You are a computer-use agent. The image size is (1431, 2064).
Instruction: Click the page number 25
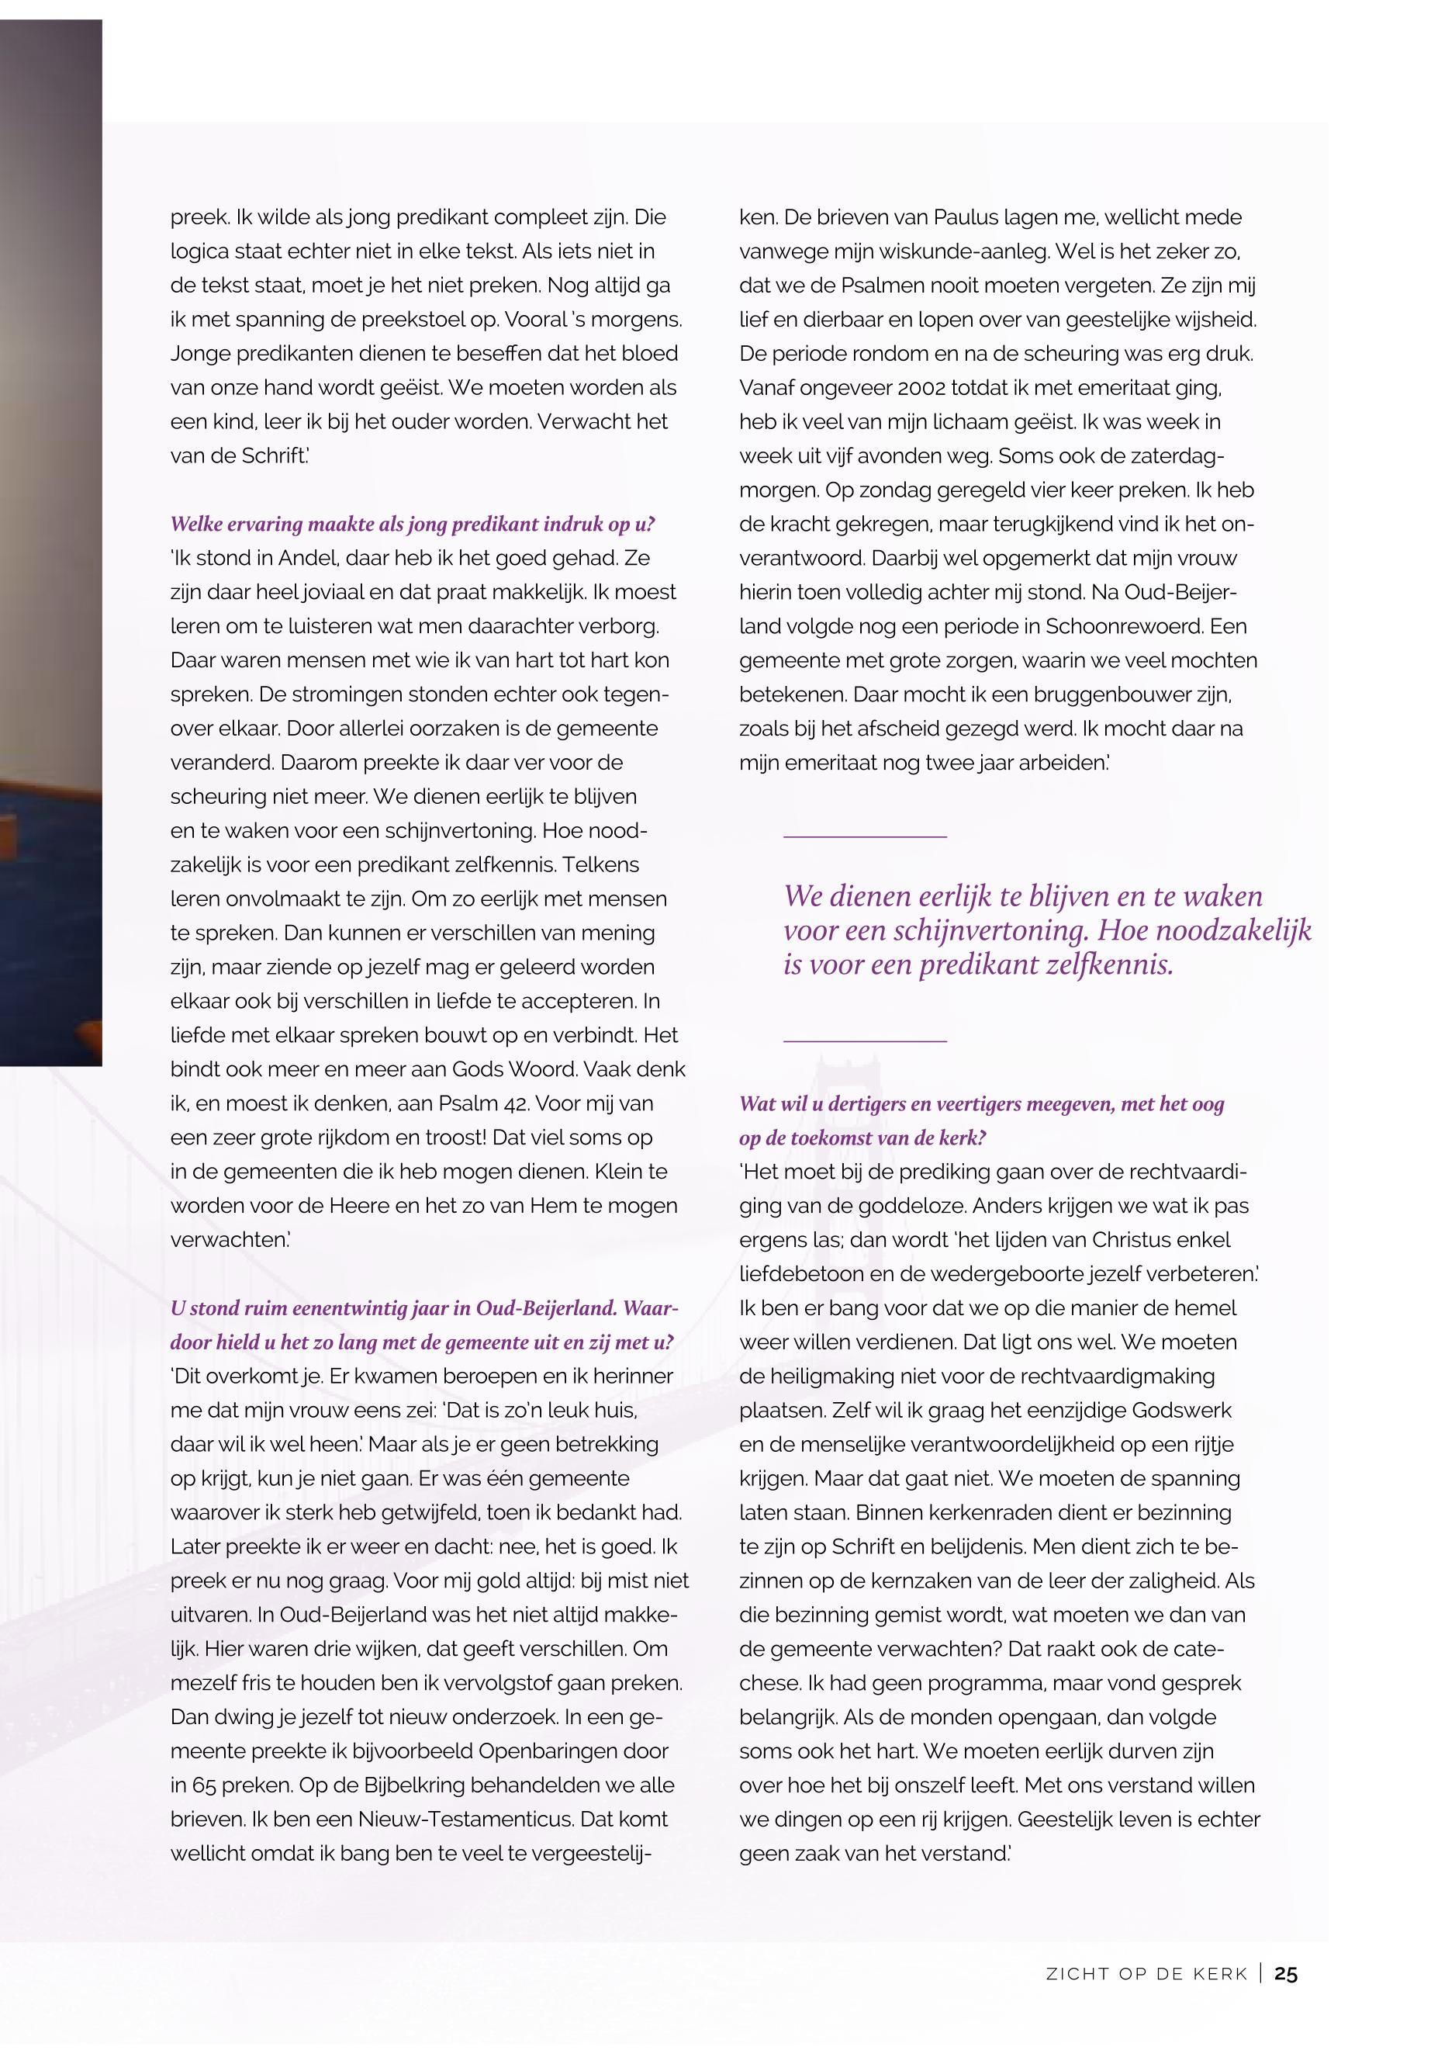coord(1286,1973)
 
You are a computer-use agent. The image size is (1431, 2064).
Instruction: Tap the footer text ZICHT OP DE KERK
coord(1147,1974)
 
